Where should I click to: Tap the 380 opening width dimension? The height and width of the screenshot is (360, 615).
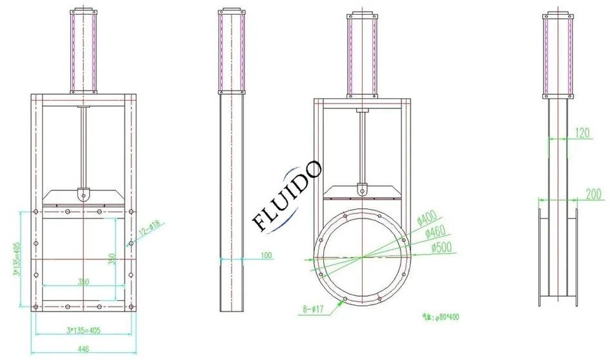[83, 281]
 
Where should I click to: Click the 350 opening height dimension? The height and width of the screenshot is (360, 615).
[112, 259]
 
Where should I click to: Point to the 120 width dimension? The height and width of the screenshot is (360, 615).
[583, 133]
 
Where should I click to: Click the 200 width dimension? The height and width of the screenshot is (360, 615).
[592, 194]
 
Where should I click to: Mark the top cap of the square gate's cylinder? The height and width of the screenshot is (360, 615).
[84, 10]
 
